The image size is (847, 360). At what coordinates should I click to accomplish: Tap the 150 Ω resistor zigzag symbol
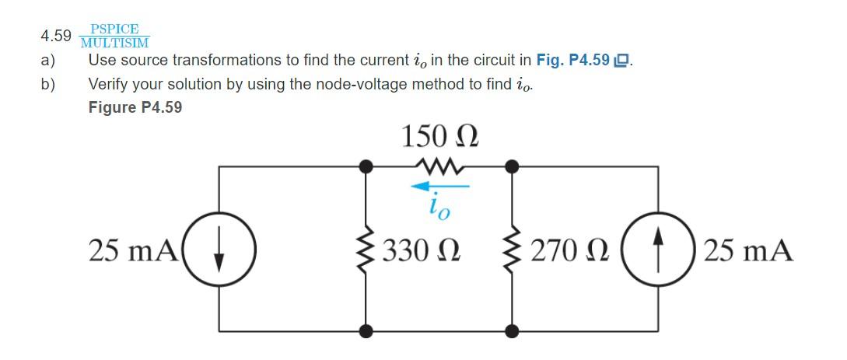coord(439,166)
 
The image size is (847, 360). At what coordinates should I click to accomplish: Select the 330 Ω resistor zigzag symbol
coord(364,250)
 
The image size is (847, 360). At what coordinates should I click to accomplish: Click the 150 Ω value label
coord(439,137)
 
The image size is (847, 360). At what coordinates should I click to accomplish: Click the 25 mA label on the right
coord(748,250)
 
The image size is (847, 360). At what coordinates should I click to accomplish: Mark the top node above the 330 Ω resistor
coord(364,166)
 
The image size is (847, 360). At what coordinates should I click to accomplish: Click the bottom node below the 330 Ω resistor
coord(364,332)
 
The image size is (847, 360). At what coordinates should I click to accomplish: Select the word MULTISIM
coord(114,43)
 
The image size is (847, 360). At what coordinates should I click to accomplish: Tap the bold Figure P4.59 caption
coord(135,107)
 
